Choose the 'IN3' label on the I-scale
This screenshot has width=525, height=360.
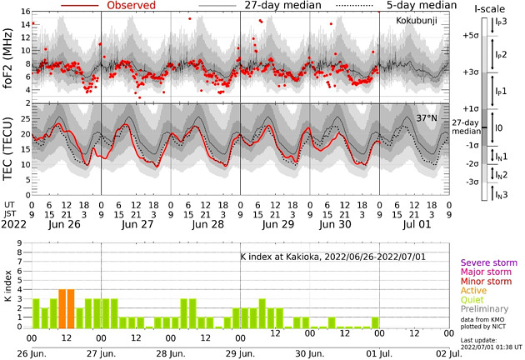click(502, 194)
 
